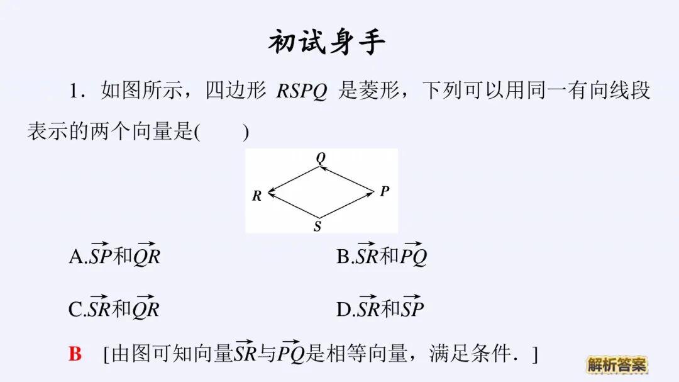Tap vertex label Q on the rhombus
coord(321,158)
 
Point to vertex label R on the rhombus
coord(257,196)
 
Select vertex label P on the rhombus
coord(385,191)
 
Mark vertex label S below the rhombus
coord(317,227)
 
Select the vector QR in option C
coord(146,308)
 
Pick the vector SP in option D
coord(412,308)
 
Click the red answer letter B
coord(75,354)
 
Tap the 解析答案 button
coord(617,364)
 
